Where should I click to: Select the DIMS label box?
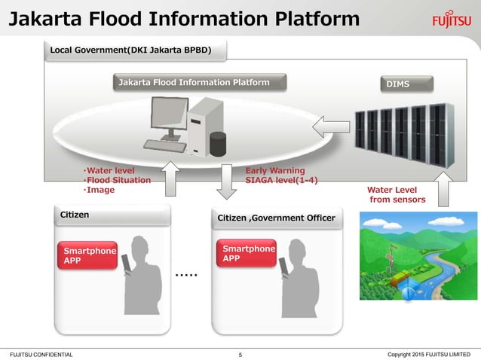[x=397, y=84]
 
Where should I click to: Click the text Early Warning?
[x=275, y=171]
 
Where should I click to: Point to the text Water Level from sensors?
[x=397, y=194]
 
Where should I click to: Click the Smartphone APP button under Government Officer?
[x=247, y=254]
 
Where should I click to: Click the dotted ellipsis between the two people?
[x=185, y=276]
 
